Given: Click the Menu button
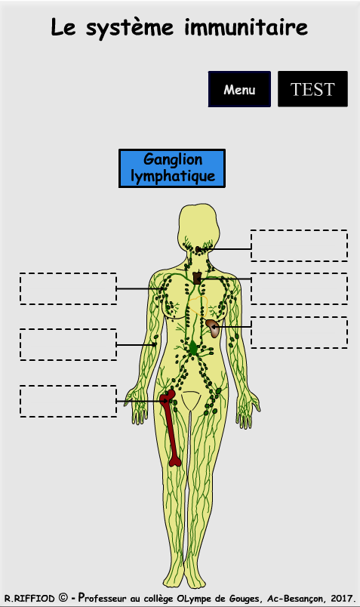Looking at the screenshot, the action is [239, 89].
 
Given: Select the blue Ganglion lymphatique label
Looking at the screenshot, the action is [172, 168].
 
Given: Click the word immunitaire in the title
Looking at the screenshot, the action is [246, 27].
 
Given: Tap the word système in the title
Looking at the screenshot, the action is [130, 29].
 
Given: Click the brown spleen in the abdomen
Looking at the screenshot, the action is [213, 328].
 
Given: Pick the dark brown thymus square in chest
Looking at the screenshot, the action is [197, 278].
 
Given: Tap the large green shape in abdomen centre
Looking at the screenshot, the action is [193, 347].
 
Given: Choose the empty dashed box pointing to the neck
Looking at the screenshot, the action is [299, 245].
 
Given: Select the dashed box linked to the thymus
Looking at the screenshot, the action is [299, 288].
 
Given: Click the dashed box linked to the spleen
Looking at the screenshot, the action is [299, 332].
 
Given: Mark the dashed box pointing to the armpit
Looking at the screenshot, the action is [68, 288].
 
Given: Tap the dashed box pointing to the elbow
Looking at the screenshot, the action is [68, 344].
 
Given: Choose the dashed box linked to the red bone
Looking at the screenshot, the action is [68, 401].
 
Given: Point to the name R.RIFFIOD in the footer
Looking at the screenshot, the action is [29, 599].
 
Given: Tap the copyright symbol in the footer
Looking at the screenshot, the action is [63, 598].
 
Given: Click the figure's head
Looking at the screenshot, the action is [198, 225].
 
